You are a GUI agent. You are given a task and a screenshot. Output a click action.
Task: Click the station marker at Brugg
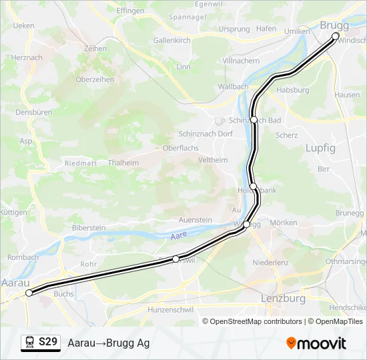point(336,36)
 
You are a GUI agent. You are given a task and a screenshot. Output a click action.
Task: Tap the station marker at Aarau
point(29,293)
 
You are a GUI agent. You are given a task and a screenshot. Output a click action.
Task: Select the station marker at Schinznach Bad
point(254,119)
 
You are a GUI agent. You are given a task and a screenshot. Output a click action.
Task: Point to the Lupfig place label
point(320,148)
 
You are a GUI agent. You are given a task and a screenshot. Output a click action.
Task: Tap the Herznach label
point(27,58)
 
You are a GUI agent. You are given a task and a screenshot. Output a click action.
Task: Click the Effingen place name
point(130,11)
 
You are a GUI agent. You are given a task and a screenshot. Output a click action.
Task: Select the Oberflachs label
point(181,148)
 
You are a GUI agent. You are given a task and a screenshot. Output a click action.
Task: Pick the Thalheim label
point(123,163)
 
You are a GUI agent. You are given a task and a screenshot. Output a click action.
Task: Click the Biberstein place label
point(89,228)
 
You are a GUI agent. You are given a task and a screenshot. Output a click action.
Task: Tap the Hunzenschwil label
point(171,310)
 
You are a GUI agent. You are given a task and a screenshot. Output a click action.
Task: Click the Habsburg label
point(293,90)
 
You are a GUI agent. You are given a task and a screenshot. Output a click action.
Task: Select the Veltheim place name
point(214,160)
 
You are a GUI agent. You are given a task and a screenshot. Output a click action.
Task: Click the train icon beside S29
point(29,343)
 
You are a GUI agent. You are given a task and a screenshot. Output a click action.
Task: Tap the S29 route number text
point(47,343)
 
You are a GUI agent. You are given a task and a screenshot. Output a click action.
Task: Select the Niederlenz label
point(270,263)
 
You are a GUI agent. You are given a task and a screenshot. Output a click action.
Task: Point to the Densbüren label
point(33,113)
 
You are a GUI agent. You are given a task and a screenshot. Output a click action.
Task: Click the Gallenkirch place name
point(172,41)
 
